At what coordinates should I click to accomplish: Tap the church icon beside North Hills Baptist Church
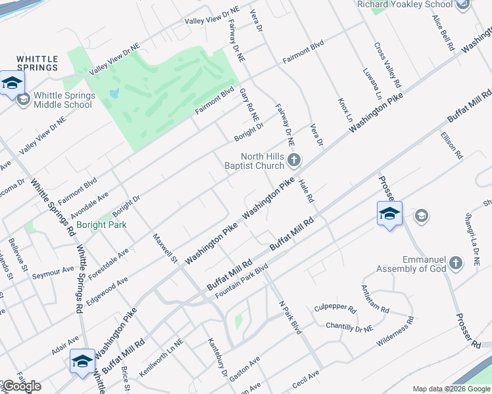(294, 160)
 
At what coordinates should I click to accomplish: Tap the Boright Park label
(101, 225)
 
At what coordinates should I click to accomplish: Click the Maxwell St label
(166, 248)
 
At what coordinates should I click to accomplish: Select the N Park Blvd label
(289, 318)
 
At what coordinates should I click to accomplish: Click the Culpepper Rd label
(335, 308)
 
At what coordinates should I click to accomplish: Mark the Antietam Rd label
(375, 299)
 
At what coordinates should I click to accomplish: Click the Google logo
(21, 386)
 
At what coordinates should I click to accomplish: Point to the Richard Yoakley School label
(414, 5)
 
